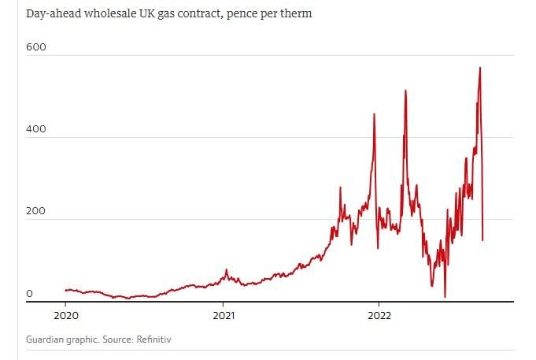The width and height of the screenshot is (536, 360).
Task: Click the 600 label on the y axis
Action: (x=36, y=47)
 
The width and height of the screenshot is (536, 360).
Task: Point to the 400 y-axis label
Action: (x=36, y=129)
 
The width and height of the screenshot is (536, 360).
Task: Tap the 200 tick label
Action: (x=36, y=211)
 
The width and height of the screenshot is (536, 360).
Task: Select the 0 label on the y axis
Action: (x=30, y=294)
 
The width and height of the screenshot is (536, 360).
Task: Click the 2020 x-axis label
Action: (x=66, y=316)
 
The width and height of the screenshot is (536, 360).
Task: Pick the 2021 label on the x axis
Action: (x=224, y=316)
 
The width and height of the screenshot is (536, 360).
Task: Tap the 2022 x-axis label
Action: (x=379, y=316)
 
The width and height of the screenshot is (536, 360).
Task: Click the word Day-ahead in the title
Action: (x=54, y=13)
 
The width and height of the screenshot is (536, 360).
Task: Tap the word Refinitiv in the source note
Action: (x=153, y=340)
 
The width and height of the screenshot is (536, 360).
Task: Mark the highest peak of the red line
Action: (x=480, y=68)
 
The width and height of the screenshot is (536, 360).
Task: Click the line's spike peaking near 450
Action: (x=375, y=114)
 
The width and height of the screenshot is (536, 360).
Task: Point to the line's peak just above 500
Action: (x=406, y=91)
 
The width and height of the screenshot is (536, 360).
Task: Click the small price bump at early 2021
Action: (x=227, y=270)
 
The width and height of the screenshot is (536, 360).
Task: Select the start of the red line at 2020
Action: (x=65, y=291)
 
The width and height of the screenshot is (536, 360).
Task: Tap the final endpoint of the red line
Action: (x=482, y=240)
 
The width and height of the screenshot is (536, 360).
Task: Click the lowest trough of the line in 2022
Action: (x=445, y=297)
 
